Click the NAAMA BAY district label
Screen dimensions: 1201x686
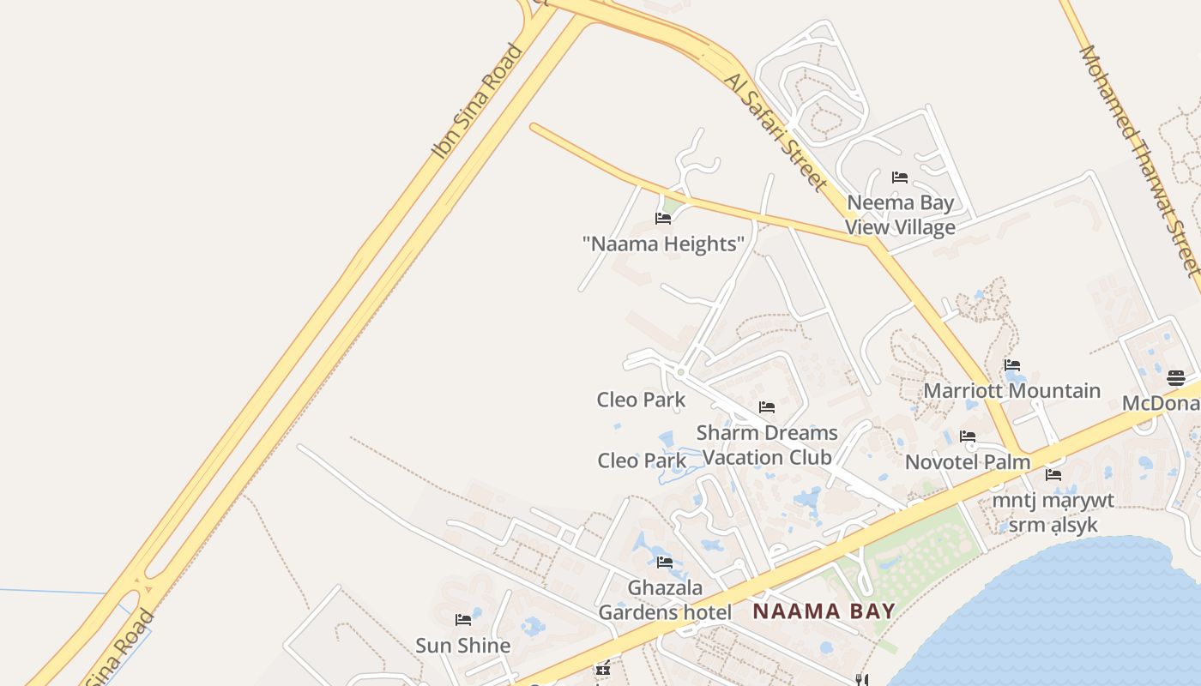[x=824, y=611]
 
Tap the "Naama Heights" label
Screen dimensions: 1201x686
[x=663, y=244]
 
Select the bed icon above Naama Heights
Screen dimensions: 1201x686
[x=663, y=218]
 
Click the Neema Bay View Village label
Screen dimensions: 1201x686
[x=900, y=215]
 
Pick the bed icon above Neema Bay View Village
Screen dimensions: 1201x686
[x=900, y=178]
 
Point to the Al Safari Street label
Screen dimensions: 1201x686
[x=776, y=131]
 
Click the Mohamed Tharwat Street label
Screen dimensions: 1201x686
[x=1139, y=159]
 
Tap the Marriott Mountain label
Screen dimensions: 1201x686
[x=1011, y=391]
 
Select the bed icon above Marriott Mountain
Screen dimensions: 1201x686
[x=1012, y=365]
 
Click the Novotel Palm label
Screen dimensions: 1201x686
[x=968, y=462]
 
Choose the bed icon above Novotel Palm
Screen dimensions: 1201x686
[x=968, y=436]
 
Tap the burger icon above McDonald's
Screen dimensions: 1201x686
[x=1176, y=377]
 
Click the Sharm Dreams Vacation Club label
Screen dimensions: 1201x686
[x=767, y=445]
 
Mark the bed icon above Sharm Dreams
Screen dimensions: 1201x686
[x=767, y=406]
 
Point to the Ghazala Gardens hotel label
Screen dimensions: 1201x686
[x=665, y=600]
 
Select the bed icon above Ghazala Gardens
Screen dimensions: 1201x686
[x=665, y=563]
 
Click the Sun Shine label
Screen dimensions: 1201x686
[x=463, y=645]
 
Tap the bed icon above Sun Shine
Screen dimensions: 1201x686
[x=463, y=619]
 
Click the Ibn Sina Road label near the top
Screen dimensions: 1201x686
[x=477, y=101]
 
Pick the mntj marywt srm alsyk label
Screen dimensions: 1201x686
[x=1053, y=512]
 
